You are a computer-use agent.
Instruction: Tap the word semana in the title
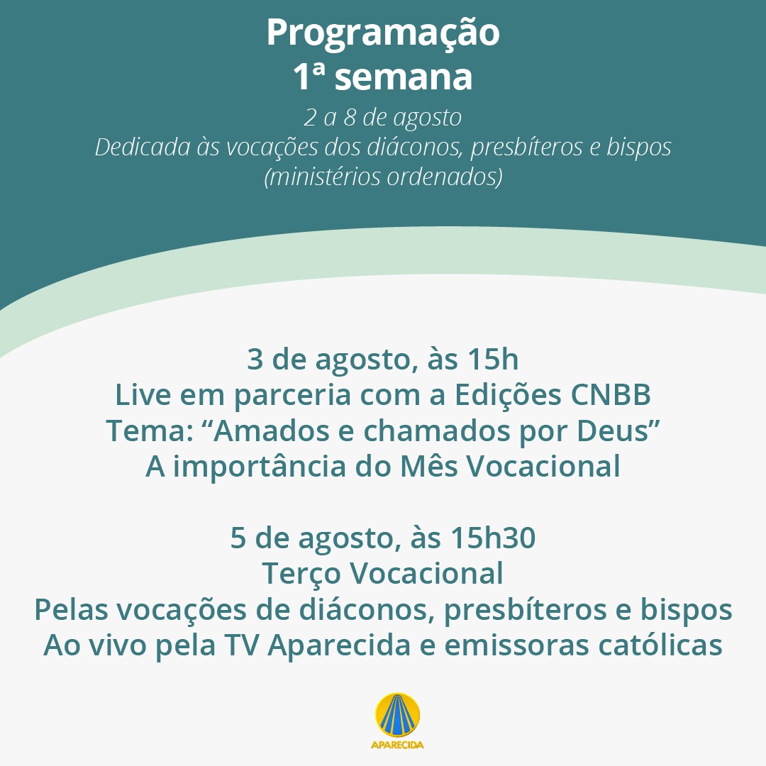(404, 78)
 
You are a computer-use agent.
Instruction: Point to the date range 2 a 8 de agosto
(382, 118)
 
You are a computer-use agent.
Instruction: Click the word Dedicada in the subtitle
(143, 147)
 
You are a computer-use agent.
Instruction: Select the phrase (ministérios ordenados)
(383, 177)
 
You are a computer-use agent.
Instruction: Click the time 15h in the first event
(493, 359)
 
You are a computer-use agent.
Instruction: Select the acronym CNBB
(611, 395)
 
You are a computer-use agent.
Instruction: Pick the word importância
(260, 466)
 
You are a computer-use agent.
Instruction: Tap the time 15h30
(493, 538)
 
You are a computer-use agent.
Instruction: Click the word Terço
(301, 574)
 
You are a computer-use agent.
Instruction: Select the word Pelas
(71, 610)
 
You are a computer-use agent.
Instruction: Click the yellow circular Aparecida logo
(398, 715)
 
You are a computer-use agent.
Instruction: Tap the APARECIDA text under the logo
(397, 745)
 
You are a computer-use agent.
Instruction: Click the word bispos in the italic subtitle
(639, 147)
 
